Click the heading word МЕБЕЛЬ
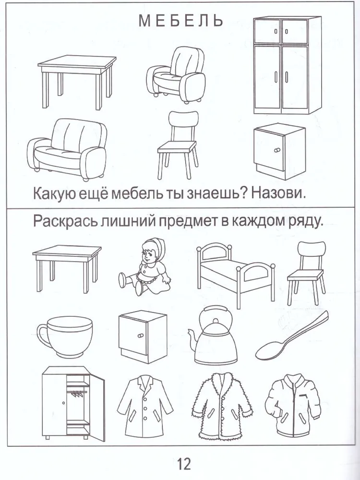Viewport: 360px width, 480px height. click(x=180, y=20)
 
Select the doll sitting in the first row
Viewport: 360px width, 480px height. click(x=144, y=267)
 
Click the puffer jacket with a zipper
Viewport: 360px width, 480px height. click(x=293, y=404)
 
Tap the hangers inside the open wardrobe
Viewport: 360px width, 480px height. click(x=78, y=394)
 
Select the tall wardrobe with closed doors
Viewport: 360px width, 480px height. click(x=287, y=65)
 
